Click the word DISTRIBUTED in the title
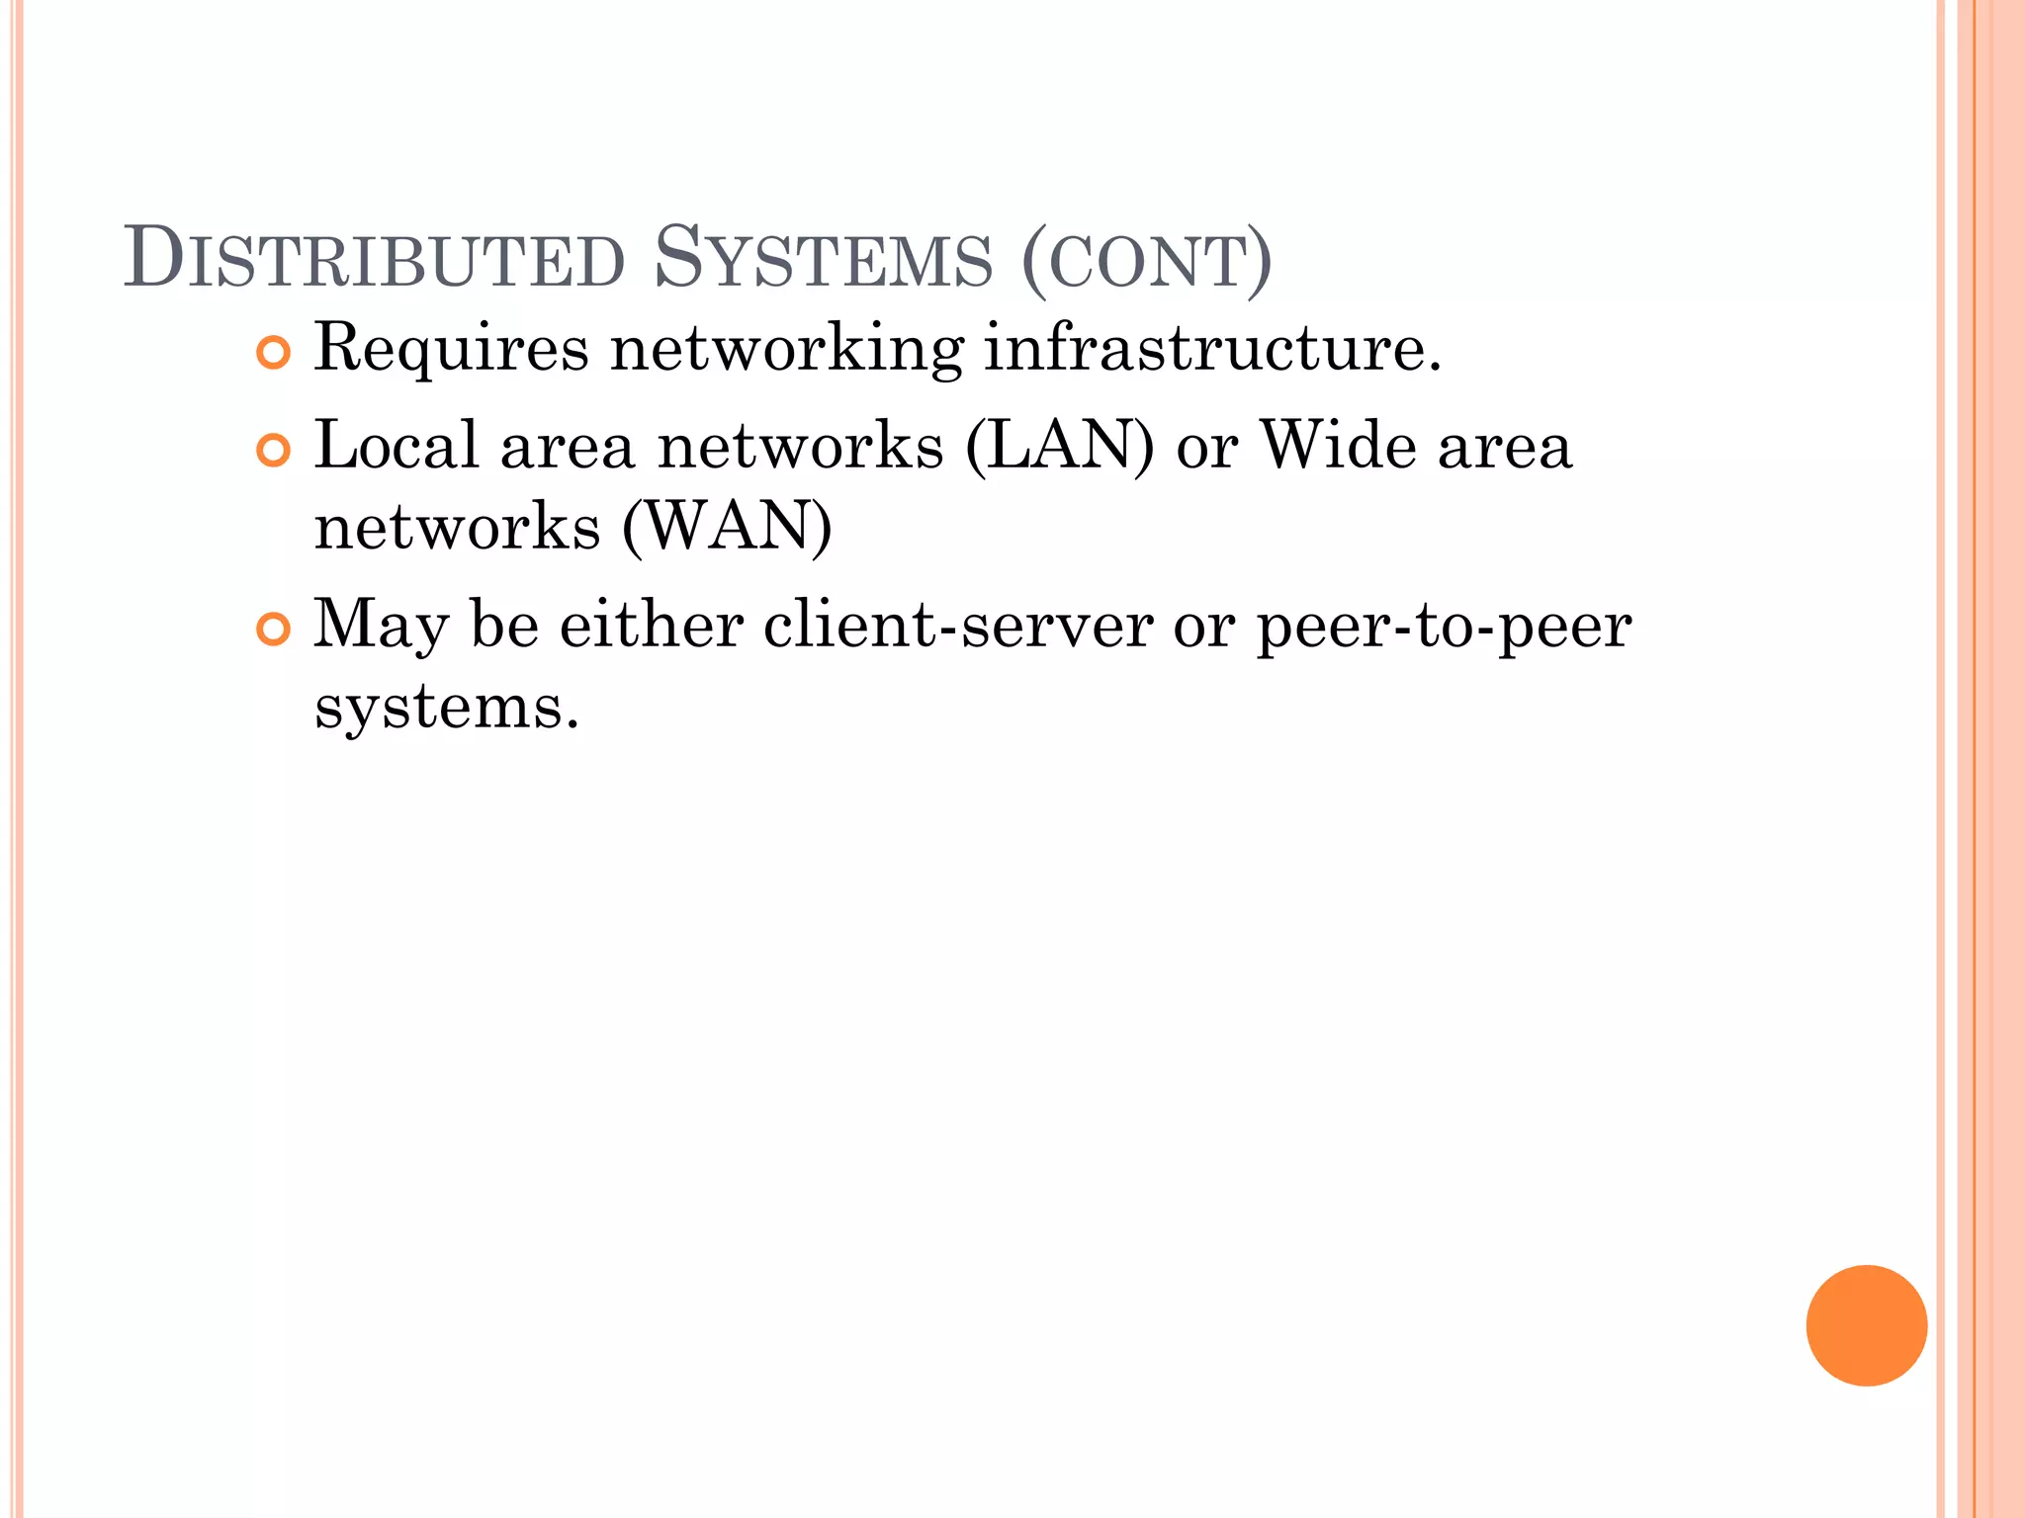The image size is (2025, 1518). [x=375, y=260]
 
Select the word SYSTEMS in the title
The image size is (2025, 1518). [x=823, y=260]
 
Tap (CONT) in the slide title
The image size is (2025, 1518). [x=1146, y=262]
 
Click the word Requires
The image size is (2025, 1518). [x=451, y=350]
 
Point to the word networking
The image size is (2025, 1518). [x=786, y=350]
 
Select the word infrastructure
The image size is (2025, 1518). [x=1212, y=348]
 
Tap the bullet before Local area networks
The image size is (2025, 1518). [x=273, y=451]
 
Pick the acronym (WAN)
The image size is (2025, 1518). [x=727, y=527]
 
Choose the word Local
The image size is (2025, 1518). [x=396, y=446]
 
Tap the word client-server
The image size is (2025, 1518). [x=958, y=626]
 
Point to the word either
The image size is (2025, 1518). [x=652, y=626]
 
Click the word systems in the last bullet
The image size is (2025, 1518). [x=446, y=709]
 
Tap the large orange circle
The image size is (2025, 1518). [x=1866, y=1325]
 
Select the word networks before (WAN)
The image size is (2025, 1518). [x=458, y=527]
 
